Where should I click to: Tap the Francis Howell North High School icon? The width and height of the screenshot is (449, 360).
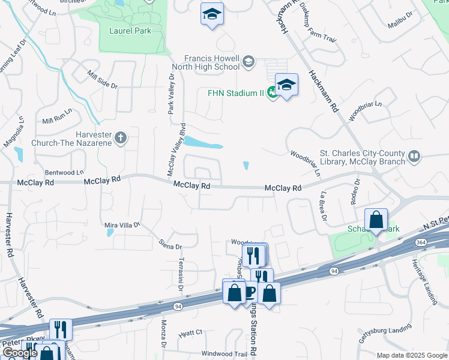click(x=248, y=61)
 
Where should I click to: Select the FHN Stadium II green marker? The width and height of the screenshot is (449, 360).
click(x=273, y=92)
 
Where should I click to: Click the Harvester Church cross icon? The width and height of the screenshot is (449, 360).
click(x=120, y=138)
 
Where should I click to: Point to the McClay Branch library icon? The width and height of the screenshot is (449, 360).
click(x=414, y=157)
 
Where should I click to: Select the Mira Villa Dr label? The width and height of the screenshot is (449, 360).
click(x=122, y=225)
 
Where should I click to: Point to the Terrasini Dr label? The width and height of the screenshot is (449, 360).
click(x=180, y=275)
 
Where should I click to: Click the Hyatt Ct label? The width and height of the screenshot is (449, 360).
click(x=191, y=332)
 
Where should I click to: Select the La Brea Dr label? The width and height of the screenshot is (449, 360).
click(x=323, y=206)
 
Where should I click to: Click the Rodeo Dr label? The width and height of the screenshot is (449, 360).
click(x=357, y=191)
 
